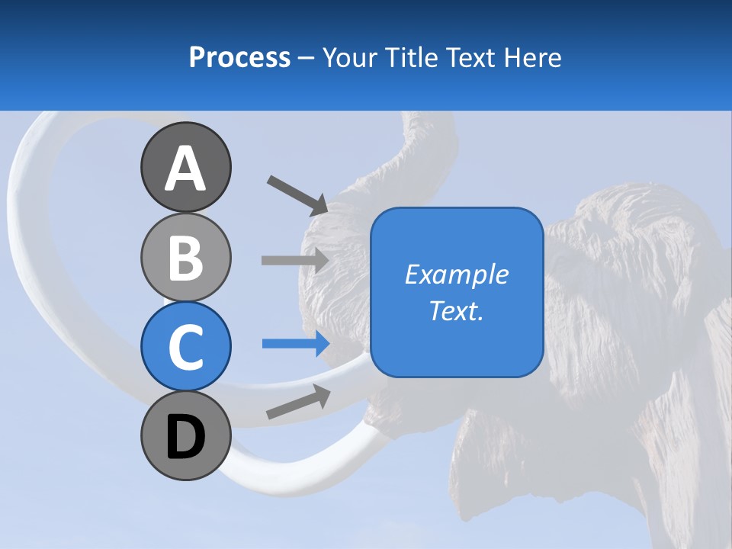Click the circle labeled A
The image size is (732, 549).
[x=185, y=167]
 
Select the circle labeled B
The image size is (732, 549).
[x=185, y=257]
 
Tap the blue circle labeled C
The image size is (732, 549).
[x=185, y=346]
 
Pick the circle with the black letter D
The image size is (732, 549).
[x=185, y=436]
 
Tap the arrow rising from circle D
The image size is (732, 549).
[x=298, y=402]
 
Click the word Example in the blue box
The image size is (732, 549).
[x=456, y=274]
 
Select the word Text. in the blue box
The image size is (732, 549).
[x=456, y=310]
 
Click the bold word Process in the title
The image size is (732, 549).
[x=239, y=57]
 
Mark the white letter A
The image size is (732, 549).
[x=185, y=169]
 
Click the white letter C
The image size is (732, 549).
[x=185, y=347]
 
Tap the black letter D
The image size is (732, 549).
[x=185, y=437]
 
